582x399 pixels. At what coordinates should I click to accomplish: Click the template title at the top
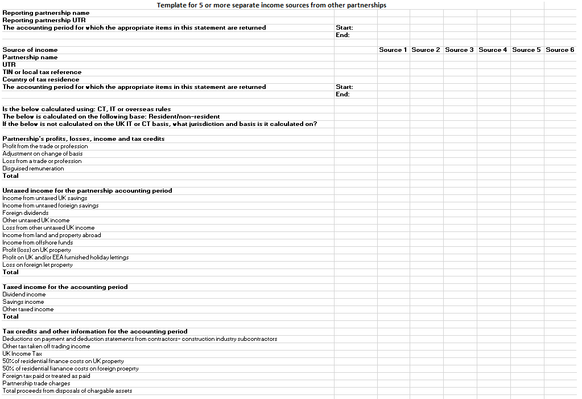[x=271, y=5]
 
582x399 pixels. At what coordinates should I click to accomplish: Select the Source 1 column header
[x=393, y=50]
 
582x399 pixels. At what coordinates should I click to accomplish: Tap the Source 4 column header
[x=493, y=50]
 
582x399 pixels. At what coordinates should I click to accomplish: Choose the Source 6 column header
[x=560, y=50]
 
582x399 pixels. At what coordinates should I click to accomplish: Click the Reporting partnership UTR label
[x=44, y=20]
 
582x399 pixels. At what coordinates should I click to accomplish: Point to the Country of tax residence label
[x=41, y=79]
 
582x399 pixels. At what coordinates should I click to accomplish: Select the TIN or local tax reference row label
[x=42, y=72]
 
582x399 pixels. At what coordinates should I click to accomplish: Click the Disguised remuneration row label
[x=33, y=168]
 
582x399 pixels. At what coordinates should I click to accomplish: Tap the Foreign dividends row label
[x=26, y=213]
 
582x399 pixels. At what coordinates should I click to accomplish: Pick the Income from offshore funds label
[x=38, y=242]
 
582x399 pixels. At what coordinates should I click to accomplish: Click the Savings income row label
[x=23, y=302]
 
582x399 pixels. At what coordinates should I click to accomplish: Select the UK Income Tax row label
[x=22, y=353]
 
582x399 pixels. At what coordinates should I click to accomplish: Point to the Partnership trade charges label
[x=36, y=383]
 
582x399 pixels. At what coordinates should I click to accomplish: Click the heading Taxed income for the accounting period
[x=65, y=287]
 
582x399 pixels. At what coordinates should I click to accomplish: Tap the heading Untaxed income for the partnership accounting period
[x=87, y=190]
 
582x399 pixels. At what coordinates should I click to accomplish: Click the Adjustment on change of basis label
[x=43, y=153]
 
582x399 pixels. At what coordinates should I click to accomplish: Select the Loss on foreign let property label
[x=38, y=264]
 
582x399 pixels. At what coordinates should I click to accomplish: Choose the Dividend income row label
[x=24, y=294]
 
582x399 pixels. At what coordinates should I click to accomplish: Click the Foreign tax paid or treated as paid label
[x=46, y=376]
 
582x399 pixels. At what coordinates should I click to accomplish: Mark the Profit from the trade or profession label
[x=45, y=146]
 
